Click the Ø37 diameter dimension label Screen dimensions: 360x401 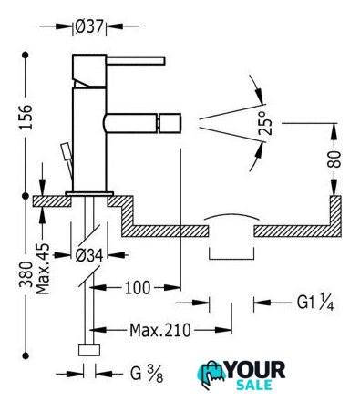pyautogui.click(x=89, y=26)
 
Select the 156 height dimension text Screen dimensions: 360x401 pyautogui.click(x=26, y=118)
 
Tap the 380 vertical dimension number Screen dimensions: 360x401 pyautogui.click(x=26, y=274)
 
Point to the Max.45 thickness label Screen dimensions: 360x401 pyautogui.click(x=43, y=269)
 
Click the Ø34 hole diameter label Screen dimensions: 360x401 pyautogui.click(x=89, y=256)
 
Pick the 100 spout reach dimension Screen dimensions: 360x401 pyautogui.click(x=138, y=287)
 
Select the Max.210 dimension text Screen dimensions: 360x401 pyautogui.click(x=160, y=330)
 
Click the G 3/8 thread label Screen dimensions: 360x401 pyautogui.click(x=147, y=374)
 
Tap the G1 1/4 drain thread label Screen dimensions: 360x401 pyautogui.click(x=315, y=303)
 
